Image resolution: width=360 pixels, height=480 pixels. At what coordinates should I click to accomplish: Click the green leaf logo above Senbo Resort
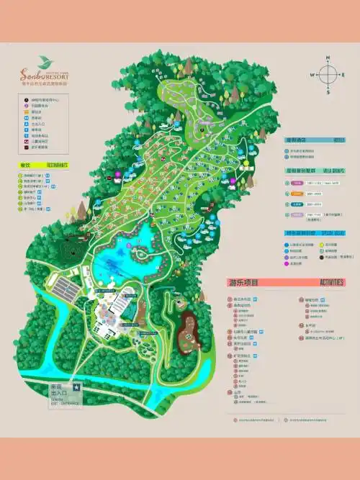point(44,60)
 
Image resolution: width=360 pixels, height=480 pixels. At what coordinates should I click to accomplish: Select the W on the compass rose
point(312,74)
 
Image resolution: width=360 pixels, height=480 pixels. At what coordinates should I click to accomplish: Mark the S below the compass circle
point(328,91)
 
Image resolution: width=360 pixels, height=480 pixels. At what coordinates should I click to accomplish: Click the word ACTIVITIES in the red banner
point(328,282)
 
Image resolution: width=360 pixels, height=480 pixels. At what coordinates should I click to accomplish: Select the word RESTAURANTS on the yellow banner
point(58,165)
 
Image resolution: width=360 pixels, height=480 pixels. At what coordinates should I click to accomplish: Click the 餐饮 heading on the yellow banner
point(26,165)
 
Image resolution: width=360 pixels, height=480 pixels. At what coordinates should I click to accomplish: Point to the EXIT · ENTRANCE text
point(65,402)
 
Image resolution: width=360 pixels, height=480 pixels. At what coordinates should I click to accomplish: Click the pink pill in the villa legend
point(297,183)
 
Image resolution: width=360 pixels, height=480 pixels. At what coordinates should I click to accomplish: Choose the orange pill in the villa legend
point(297,194)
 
